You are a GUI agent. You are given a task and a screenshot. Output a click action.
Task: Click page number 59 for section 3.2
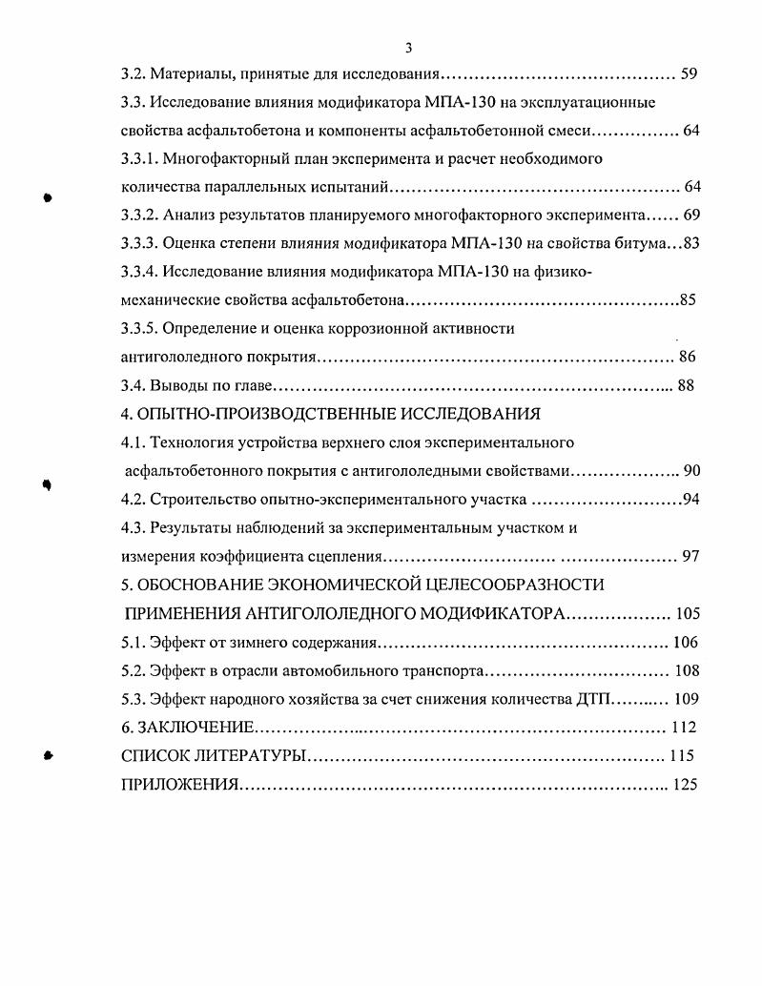(x=690, y=72)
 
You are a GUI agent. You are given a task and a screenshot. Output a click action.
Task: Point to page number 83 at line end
(x=690, y=243)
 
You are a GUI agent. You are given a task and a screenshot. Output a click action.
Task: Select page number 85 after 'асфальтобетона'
(x=688, y=300)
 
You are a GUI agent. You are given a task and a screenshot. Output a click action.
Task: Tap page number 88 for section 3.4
(x=685, y=385)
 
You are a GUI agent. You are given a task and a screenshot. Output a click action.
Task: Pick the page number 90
(x=692, y=470)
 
